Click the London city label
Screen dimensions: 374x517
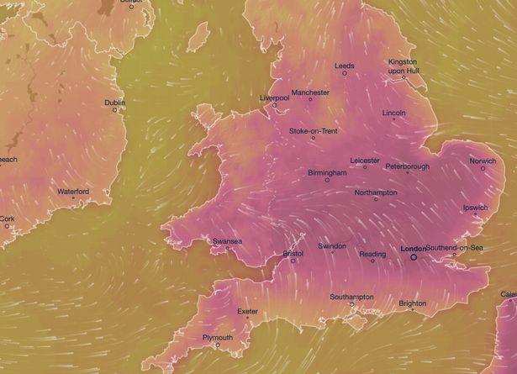(x=414, y=249)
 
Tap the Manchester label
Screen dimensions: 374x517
(x=310, y=92)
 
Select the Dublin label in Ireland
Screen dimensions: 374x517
(x=114, y=103)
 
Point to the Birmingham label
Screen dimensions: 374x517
(x=327, y=172)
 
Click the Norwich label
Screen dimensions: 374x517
(x=483, y=161)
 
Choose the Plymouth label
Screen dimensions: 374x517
(x=218, y=337)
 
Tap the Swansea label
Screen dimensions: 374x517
(x=227, y=241)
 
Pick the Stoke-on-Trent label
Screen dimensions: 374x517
(x=313, y=131)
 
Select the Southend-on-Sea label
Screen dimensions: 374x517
(x=455, y=248)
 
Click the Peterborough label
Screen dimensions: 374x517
(x=408, y=166)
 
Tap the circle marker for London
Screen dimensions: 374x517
(x=413, y=258)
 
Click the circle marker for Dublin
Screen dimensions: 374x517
(x=115, y=110)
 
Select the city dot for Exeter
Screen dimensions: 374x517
(x=246, y=319)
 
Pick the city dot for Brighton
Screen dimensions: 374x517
(x=411, y=310)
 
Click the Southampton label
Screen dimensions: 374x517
(x=351, y=297)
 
